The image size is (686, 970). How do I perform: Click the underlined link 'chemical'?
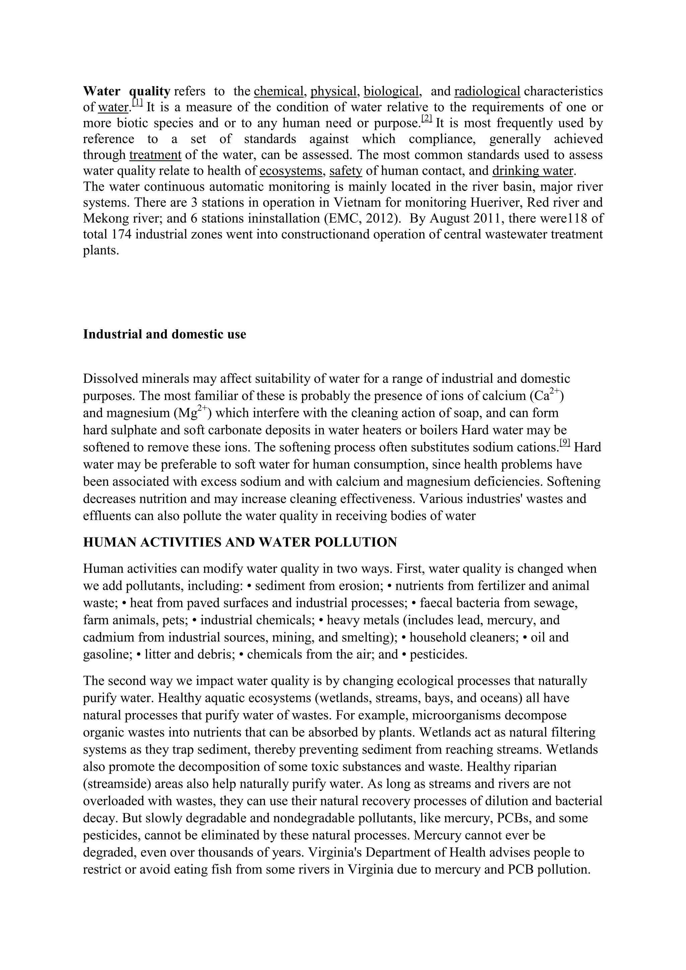(279, 91)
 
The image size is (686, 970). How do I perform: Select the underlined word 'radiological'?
(487, 91)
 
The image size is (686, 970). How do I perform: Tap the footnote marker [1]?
(138, 103)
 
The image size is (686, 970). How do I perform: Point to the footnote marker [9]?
(565, 443)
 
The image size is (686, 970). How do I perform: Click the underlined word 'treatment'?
(155, 155)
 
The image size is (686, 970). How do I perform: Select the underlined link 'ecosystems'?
(291, 171)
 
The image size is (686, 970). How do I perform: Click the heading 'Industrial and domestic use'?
(164, 334)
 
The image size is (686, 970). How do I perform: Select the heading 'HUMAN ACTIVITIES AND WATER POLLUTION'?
(240, 542)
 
